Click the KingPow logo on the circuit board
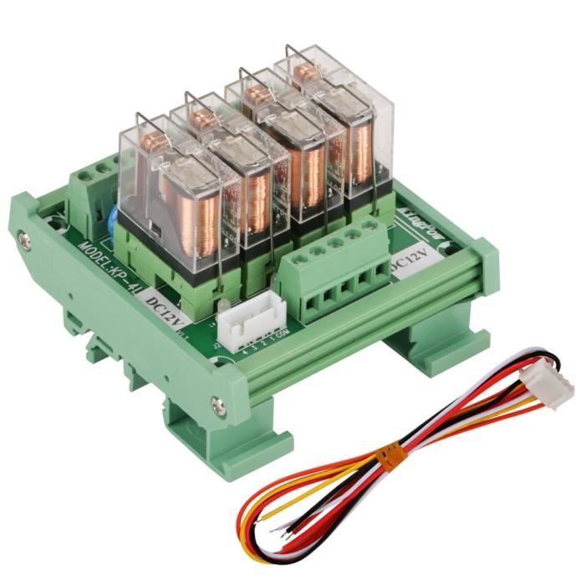pos(421,208)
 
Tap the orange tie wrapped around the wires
pos(386,456)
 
